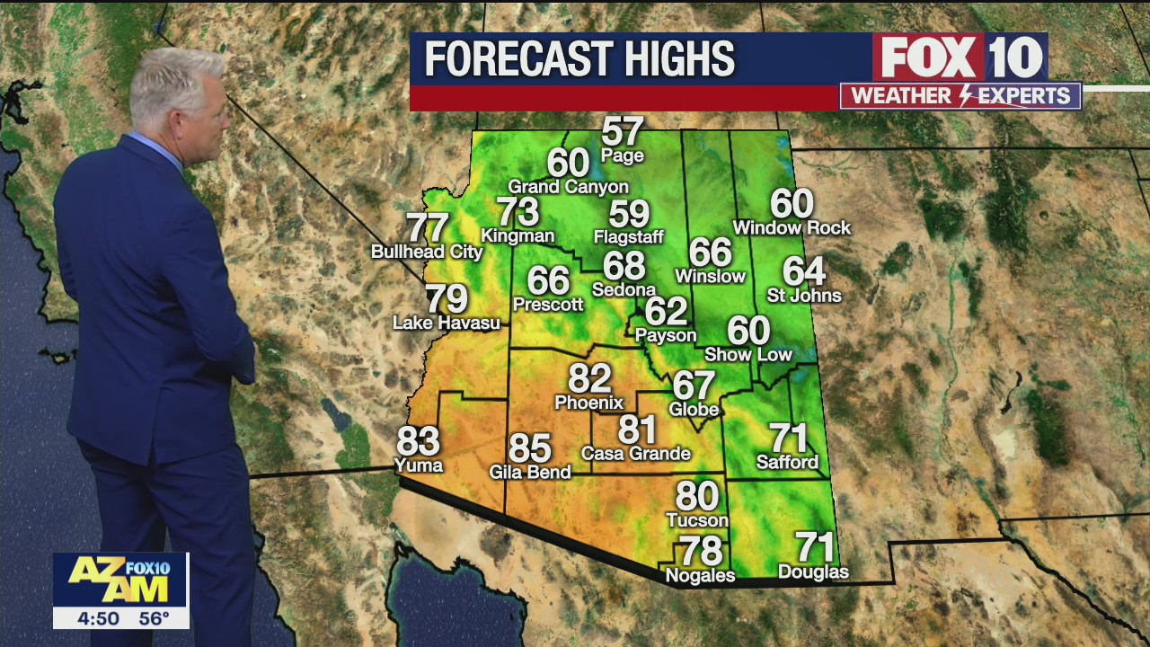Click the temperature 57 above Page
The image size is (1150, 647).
pos(623,132)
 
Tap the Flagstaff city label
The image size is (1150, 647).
pos(629,238)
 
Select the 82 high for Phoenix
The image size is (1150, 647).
pos(589,379)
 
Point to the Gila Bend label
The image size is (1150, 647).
pos(530,472)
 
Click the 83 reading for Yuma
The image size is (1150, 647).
pos(419,441)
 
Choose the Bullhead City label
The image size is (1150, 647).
pos(427,253)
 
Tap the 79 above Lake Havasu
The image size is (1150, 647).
pos(447,298)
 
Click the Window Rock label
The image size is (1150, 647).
pos(792,228)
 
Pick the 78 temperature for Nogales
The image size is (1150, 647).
pos(700,550)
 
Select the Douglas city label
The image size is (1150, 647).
pos(813,572)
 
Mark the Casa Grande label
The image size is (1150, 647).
pos(636,454)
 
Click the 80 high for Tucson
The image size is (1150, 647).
pos(697,496)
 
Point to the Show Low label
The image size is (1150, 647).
pos(748,355)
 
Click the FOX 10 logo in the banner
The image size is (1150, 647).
pos(960,58)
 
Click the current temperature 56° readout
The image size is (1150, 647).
pos(154,618)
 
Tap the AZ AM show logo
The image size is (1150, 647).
pos(120,580)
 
